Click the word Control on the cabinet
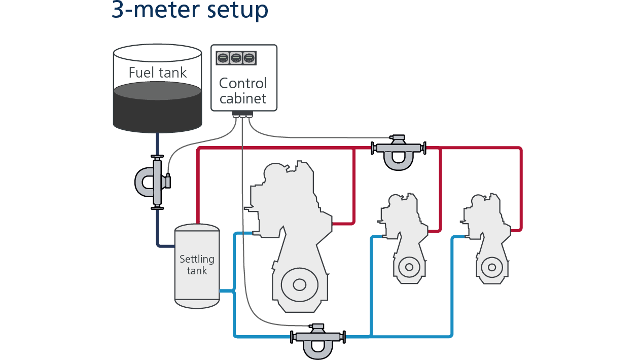click(243, 83)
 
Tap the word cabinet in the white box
click(243, 98)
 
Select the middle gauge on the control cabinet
click(236, 58)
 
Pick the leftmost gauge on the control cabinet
click(223, 58)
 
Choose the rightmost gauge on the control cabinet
click(248, 58)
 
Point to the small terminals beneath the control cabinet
click(243, 117)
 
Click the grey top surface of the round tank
click(157, 91)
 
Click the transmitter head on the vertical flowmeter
click(165, 181)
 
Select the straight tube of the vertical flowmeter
click(157, 183)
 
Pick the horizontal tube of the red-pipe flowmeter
click(398, 148)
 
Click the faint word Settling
click(197, 260)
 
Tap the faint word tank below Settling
click(197, 271)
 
